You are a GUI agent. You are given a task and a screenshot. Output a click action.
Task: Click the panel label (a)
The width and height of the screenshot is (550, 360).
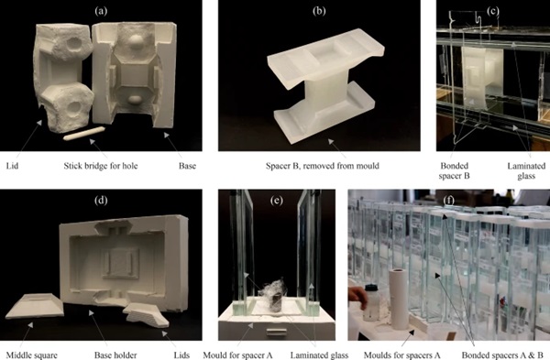(x=101, y=11)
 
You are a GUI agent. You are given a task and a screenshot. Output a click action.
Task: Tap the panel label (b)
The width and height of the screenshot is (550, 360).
(x=319, y=11)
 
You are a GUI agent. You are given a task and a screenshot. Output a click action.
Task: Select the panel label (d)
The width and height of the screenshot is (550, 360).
(x=101, y=201)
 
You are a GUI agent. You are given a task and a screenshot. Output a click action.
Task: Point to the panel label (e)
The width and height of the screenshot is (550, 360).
(x=277, y=201)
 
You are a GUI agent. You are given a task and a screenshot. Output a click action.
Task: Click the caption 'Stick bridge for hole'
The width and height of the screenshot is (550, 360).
(x=101, y=166)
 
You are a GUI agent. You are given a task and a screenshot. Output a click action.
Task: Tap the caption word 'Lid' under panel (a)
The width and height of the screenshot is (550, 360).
(x=12, y=166)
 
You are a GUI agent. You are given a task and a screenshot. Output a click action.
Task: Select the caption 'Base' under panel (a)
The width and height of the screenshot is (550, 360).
(x=187, y=166)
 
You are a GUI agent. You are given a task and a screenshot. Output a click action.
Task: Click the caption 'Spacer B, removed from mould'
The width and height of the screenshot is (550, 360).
(x=323, y=166)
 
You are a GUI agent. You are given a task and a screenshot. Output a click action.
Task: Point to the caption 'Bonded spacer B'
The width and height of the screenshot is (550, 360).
(x=455, y=170)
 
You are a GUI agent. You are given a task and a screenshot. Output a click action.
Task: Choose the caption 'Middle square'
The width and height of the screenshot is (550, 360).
(x=31, y=355)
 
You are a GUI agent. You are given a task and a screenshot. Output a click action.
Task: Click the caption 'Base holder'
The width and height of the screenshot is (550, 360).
(x=115, y=355)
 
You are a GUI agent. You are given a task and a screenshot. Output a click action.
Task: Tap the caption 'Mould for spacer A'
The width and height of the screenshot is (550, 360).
(x=237, y=355)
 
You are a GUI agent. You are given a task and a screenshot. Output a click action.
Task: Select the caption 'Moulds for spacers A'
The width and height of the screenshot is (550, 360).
(x=402, y=355)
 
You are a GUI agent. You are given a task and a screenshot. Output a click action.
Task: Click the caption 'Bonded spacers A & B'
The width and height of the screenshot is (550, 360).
(x=502, y=355)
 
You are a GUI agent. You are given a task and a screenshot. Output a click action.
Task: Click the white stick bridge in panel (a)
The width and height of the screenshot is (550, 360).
(x=84, y=134)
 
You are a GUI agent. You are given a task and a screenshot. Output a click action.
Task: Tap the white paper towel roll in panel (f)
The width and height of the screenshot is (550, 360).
(x=399, y=299)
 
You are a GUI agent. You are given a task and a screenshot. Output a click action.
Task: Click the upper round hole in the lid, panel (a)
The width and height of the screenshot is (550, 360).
(x=73, y=43)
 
